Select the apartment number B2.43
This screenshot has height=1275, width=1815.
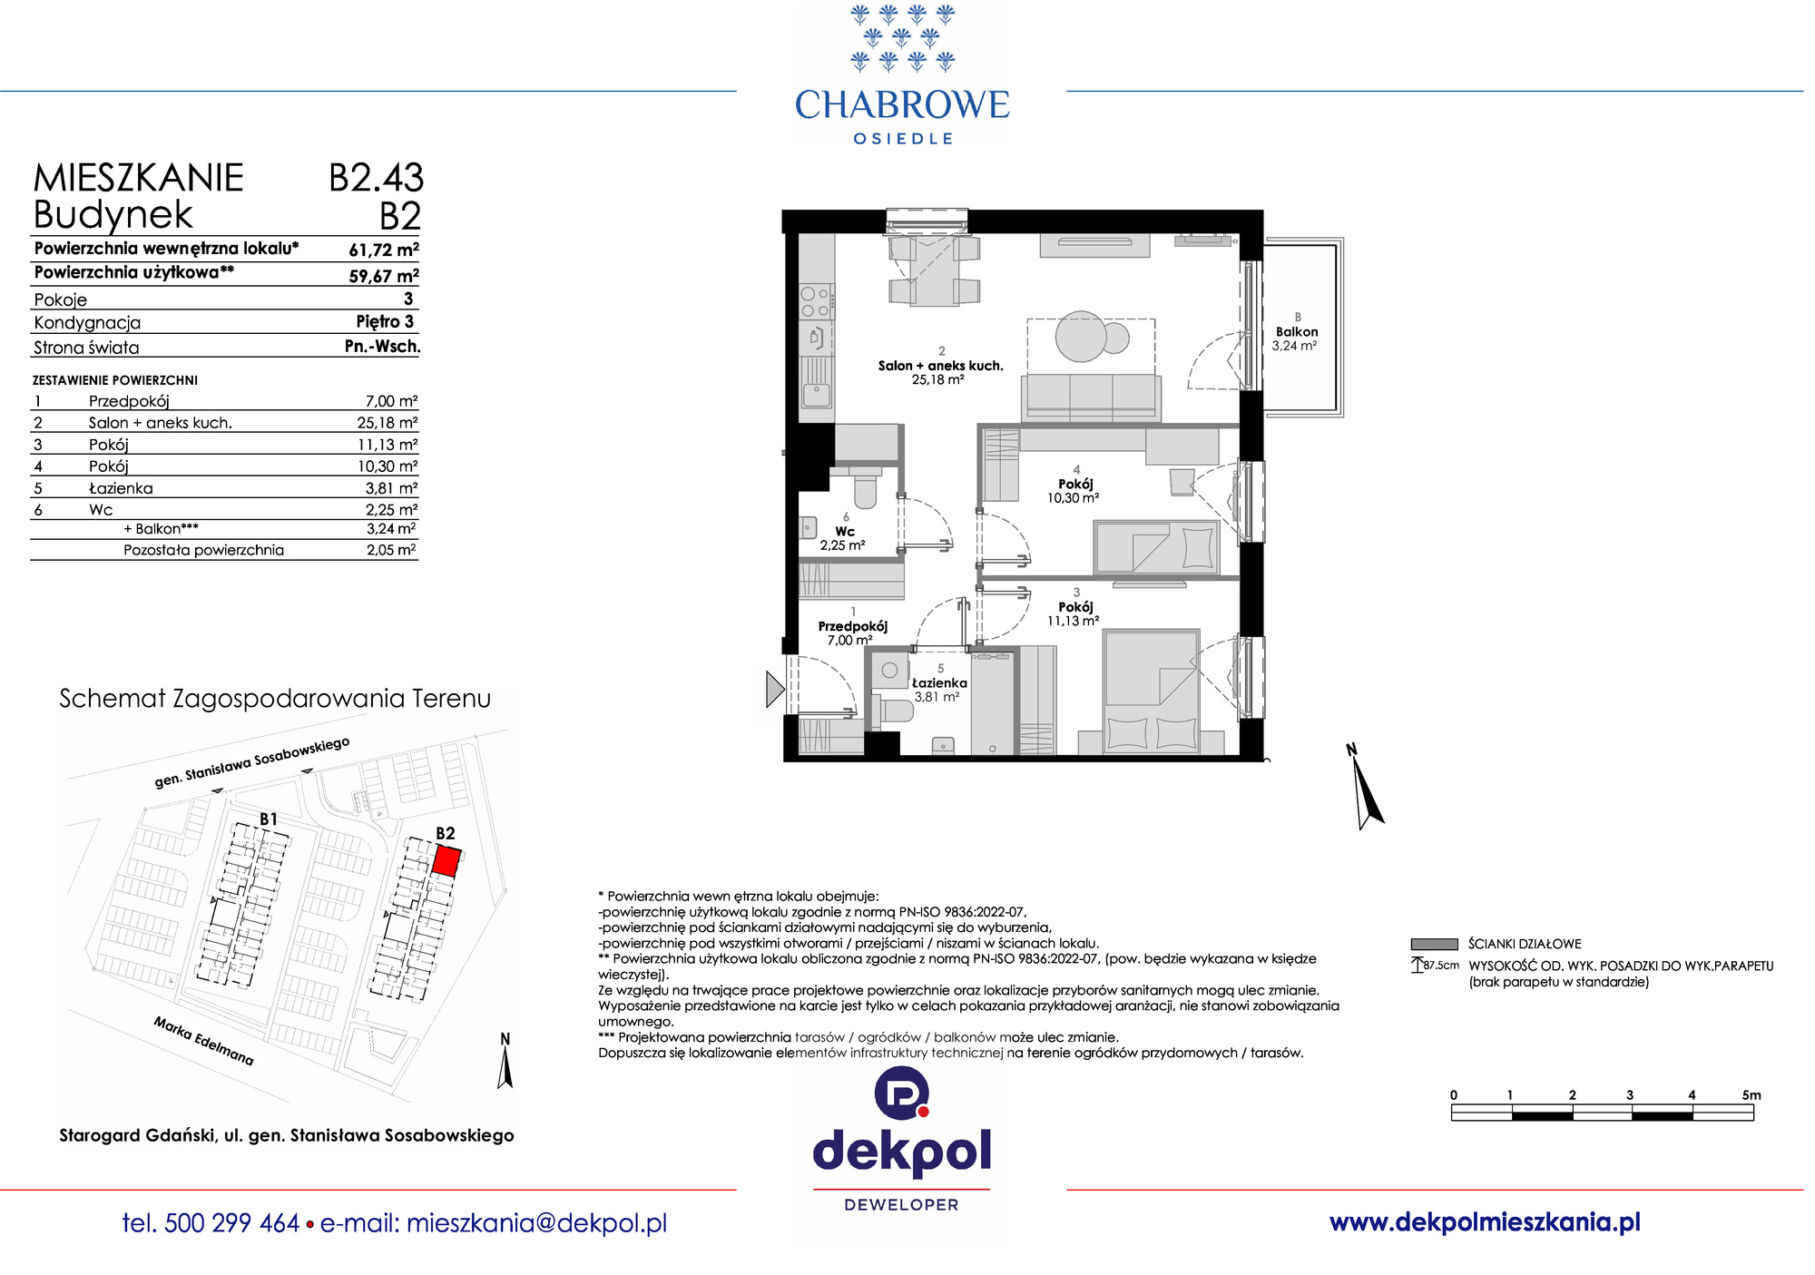[376, 178]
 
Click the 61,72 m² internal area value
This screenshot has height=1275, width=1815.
[384, 250]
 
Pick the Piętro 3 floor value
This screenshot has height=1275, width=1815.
[385, 321]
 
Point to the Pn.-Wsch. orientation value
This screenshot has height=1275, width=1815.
[382, 346]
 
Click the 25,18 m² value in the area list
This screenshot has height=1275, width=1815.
[388, 422]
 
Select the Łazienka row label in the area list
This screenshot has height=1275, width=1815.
[121, 488]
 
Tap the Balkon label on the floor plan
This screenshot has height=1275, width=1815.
[1297, 332]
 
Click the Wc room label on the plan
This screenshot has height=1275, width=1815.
[845, 532]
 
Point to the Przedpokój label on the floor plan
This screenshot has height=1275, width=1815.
[853, 626]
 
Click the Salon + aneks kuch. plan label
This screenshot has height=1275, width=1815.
[941, 366]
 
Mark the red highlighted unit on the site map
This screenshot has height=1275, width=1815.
[446, 859]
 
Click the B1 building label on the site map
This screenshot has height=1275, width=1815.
[269, 819]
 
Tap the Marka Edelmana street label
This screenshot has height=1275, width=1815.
[203, 1041]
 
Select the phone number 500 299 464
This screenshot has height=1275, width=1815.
[232, 1223]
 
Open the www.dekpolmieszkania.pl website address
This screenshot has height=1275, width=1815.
[1485, 1222]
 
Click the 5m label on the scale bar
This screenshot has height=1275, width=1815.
[1751, 1095]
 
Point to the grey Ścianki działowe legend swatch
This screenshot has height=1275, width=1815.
[1434, 944]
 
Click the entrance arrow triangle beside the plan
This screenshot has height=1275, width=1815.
[774, 689]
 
